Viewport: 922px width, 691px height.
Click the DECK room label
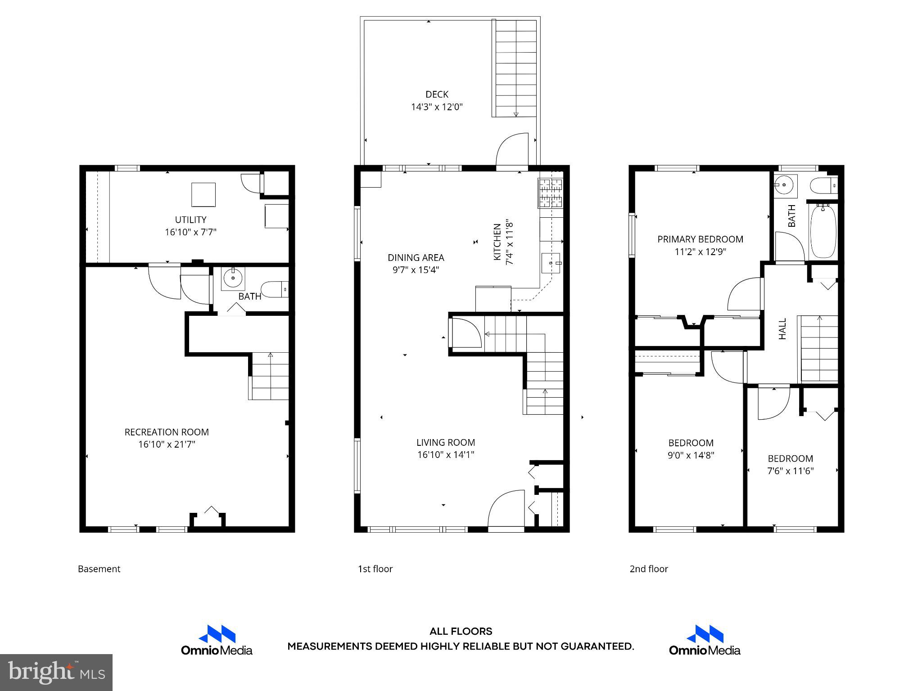pyautogui.click(x=437, y=94)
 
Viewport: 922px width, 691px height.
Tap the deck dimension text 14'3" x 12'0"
pyautogui.click(x=437, y=107)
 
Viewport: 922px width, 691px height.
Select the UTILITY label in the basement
pyautogui.click(x=190, y=220)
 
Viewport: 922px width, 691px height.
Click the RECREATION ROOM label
pyautogui.click(x=167, y=432)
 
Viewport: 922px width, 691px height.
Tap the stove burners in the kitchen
pyautogui.click(x=550, y=193)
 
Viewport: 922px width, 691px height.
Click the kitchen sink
pyautogui.click(x=551, y=262)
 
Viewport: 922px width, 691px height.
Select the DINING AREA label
pyautogui.click(x=416, y=257)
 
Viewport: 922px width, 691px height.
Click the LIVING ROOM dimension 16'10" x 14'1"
pyautogui.click(x=446, y=455)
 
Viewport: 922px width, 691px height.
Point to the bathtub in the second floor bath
pyautogui.click(x=823, y=231)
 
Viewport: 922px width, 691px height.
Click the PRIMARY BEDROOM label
pyautogui.click(x=700, y=239)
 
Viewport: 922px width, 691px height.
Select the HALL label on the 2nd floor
pyautogui.click(x=782, y=329)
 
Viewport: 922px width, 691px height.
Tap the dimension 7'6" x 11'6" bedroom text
pyautogui.click(x=790, y=471)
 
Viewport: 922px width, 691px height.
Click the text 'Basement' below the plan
pyautogui.click(x=99, y=569)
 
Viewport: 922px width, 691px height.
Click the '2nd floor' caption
pyautogui.click(x=648, y=569)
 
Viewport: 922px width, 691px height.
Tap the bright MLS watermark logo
pyautogui.click(x=56, y=672)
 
